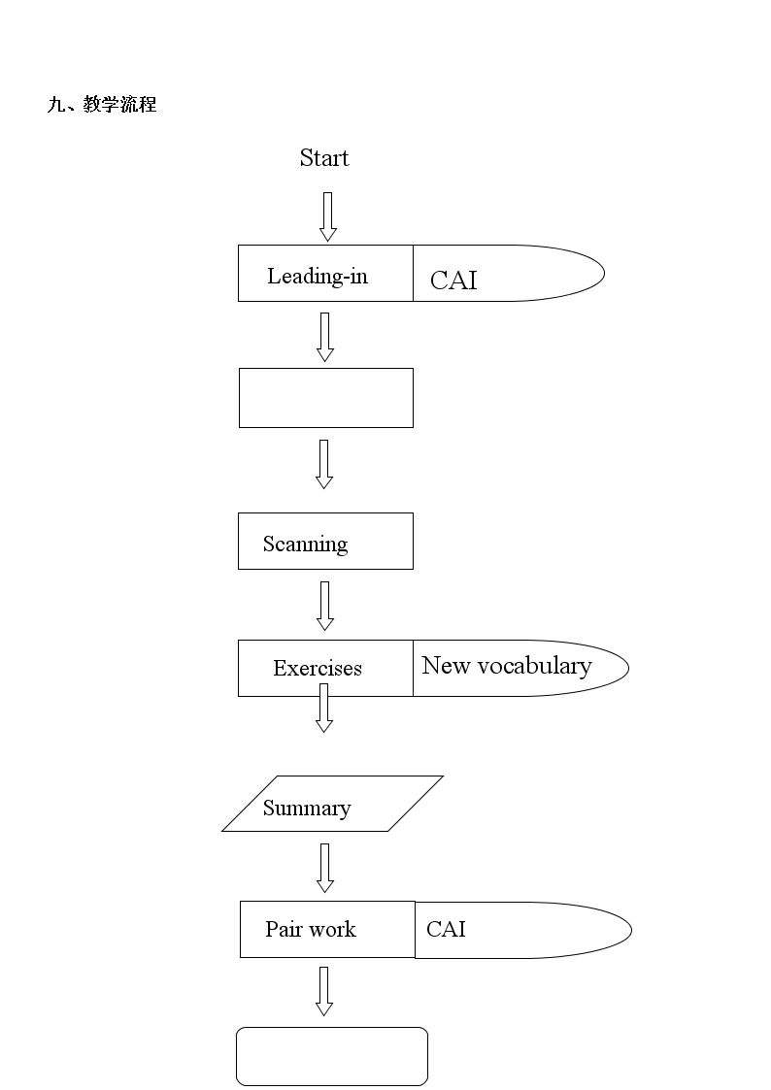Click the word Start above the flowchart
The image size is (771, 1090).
[x=324, y=158]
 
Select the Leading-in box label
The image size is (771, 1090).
[x=318, y=276]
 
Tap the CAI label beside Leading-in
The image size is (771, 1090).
[x=454, y=281]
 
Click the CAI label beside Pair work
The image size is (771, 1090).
[x=446, y=929]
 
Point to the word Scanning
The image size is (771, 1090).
[x=305, y=544]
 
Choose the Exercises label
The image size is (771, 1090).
[x=318, y=668]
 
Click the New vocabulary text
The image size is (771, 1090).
[x=507, y=666]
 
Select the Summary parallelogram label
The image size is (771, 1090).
[x=307, y=808]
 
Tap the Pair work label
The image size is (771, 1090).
[x=311, y=929]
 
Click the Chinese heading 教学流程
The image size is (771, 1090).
[x=119, y=104]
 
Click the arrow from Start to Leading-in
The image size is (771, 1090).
[x=328, y=216]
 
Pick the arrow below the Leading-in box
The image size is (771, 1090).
[x=325, y=337]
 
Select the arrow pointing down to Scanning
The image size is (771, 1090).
[x=324, y=464]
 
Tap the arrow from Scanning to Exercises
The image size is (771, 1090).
[x=325, y=607]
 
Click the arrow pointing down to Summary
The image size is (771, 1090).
[x=324, y=708]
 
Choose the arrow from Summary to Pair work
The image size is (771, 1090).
[x=325, y=869]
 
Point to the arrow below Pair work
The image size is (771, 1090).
[x=324, y=991]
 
